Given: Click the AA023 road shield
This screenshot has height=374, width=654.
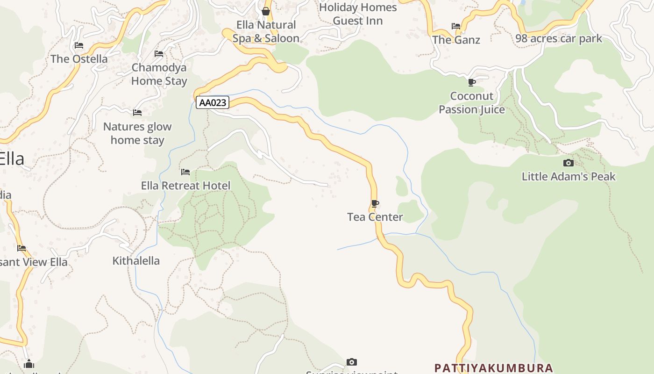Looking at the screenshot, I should [213, 102].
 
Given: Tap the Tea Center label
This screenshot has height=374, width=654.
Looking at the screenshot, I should [375, 217].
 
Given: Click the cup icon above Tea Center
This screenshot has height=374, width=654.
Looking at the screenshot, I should [375, 203].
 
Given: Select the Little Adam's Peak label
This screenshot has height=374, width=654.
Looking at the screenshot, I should [569, 176].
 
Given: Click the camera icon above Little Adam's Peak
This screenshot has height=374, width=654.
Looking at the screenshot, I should [569, 163].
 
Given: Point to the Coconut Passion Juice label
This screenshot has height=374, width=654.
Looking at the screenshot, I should [472, 103].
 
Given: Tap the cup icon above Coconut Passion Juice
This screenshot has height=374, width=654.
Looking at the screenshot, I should [472, 83].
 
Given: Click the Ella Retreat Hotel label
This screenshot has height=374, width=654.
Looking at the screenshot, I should [185, 186].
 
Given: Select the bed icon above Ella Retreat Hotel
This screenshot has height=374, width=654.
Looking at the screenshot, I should [185, 172].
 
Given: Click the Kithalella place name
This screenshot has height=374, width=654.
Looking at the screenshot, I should [136, 261].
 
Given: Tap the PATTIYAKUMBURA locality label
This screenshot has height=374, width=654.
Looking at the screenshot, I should [493, 368].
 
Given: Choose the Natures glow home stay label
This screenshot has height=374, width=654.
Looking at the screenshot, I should [137, 133].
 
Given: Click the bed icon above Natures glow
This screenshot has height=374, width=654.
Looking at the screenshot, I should [137, 113].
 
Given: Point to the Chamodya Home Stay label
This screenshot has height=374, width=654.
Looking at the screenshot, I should [159, 74].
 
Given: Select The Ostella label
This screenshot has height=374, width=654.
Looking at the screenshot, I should [79, 59].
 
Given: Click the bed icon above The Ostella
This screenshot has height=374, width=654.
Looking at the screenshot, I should [79, 45].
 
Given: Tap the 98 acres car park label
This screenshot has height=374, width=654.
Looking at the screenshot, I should [559, 39].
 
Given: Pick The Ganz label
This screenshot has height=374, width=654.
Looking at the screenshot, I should [456, 40].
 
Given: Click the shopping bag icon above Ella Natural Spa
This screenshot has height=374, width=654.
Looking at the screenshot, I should [266, 11].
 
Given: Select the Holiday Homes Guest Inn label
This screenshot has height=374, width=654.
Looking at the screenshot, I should [358, 14].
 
